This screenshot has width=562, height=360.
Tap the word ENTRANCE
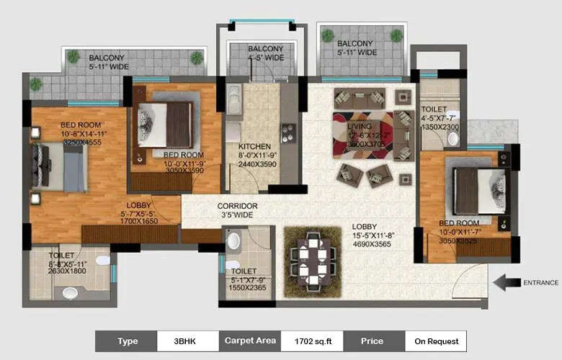pyautogui.click(x=540, y=282)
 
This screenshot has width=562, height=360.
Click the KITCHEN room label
pyautogui.click(x=254, y=145)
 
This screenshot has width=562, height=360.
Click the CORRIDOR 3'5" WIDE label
pyautogui.click(x=238, y=210)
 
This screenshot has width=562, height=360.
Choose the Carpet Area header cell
pyautogui.click(x=250, y=341)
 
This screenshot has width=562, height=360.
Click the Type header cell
pyautogui.click(x=127, y=341)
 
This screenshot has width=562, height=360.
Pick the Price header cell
pyautogui.click(x=373, y=341)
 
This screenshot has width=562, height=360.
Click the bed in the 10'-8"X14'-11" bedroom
pyautogui.click(x=61, y=167)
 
